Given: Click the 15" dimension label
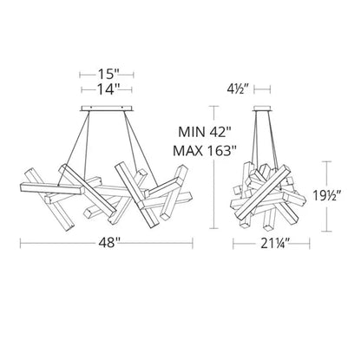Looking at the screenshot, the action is [107, 75].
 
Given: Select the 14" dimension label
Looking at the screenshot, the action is [107, 89].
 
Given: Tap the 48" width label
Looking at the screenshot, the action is [107, 243].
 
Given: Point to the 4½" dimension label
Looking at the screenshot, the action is [239, 89].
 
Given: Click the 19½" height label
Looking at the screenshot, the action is [327, 196].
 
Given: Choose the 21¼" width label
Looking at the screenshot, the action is [271, 244].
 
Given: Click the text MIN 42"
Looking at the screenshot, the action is [205, 133].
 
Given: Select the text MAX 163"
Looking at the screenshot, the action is [205, 151].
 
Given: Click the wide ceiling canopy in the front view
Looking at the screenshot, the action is [107, 108].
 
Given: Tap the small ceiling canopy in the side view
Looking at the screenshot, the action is [262, 108].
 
